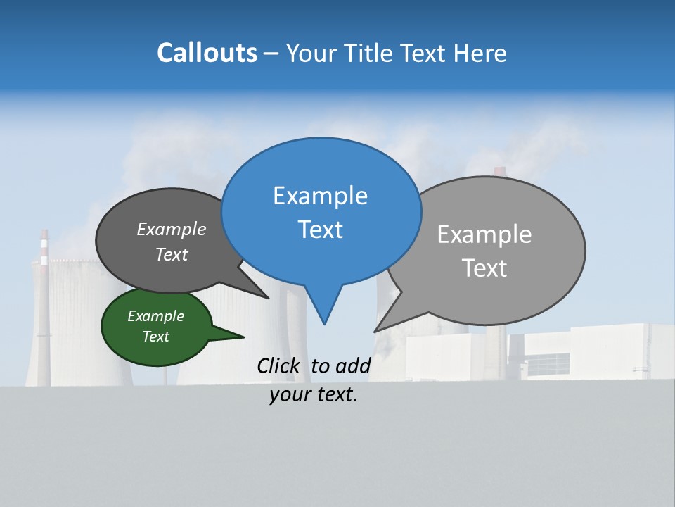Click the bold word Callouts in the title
pyautogui.click(x=207, y=53)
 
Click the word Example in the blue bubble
pyautogui.click(x=320, y=196)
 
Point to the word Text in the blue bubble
pyautogui.click(x=320, y=230)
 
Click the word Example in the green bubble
pyautogui.click(x=155, y=316)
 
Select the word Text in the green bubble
pyautogui.click(x=155, y=337)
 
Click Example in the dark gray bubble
pyautogui.click(x=171, y=229)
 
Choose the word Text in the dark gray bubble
pyautogui.click(x=171, y=254)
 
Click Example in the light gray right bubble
pyautogui.click(x=484, y=234)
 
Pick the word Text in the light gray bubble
pyautogui.click(x=484, y=268)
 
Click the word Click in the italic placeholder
pyautogui.click(x=278, y=365)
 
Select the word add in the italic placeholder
pyautogui.click(x=352, y=365)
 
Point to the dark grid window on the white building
pyautogui.click(x=548, y=364)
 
